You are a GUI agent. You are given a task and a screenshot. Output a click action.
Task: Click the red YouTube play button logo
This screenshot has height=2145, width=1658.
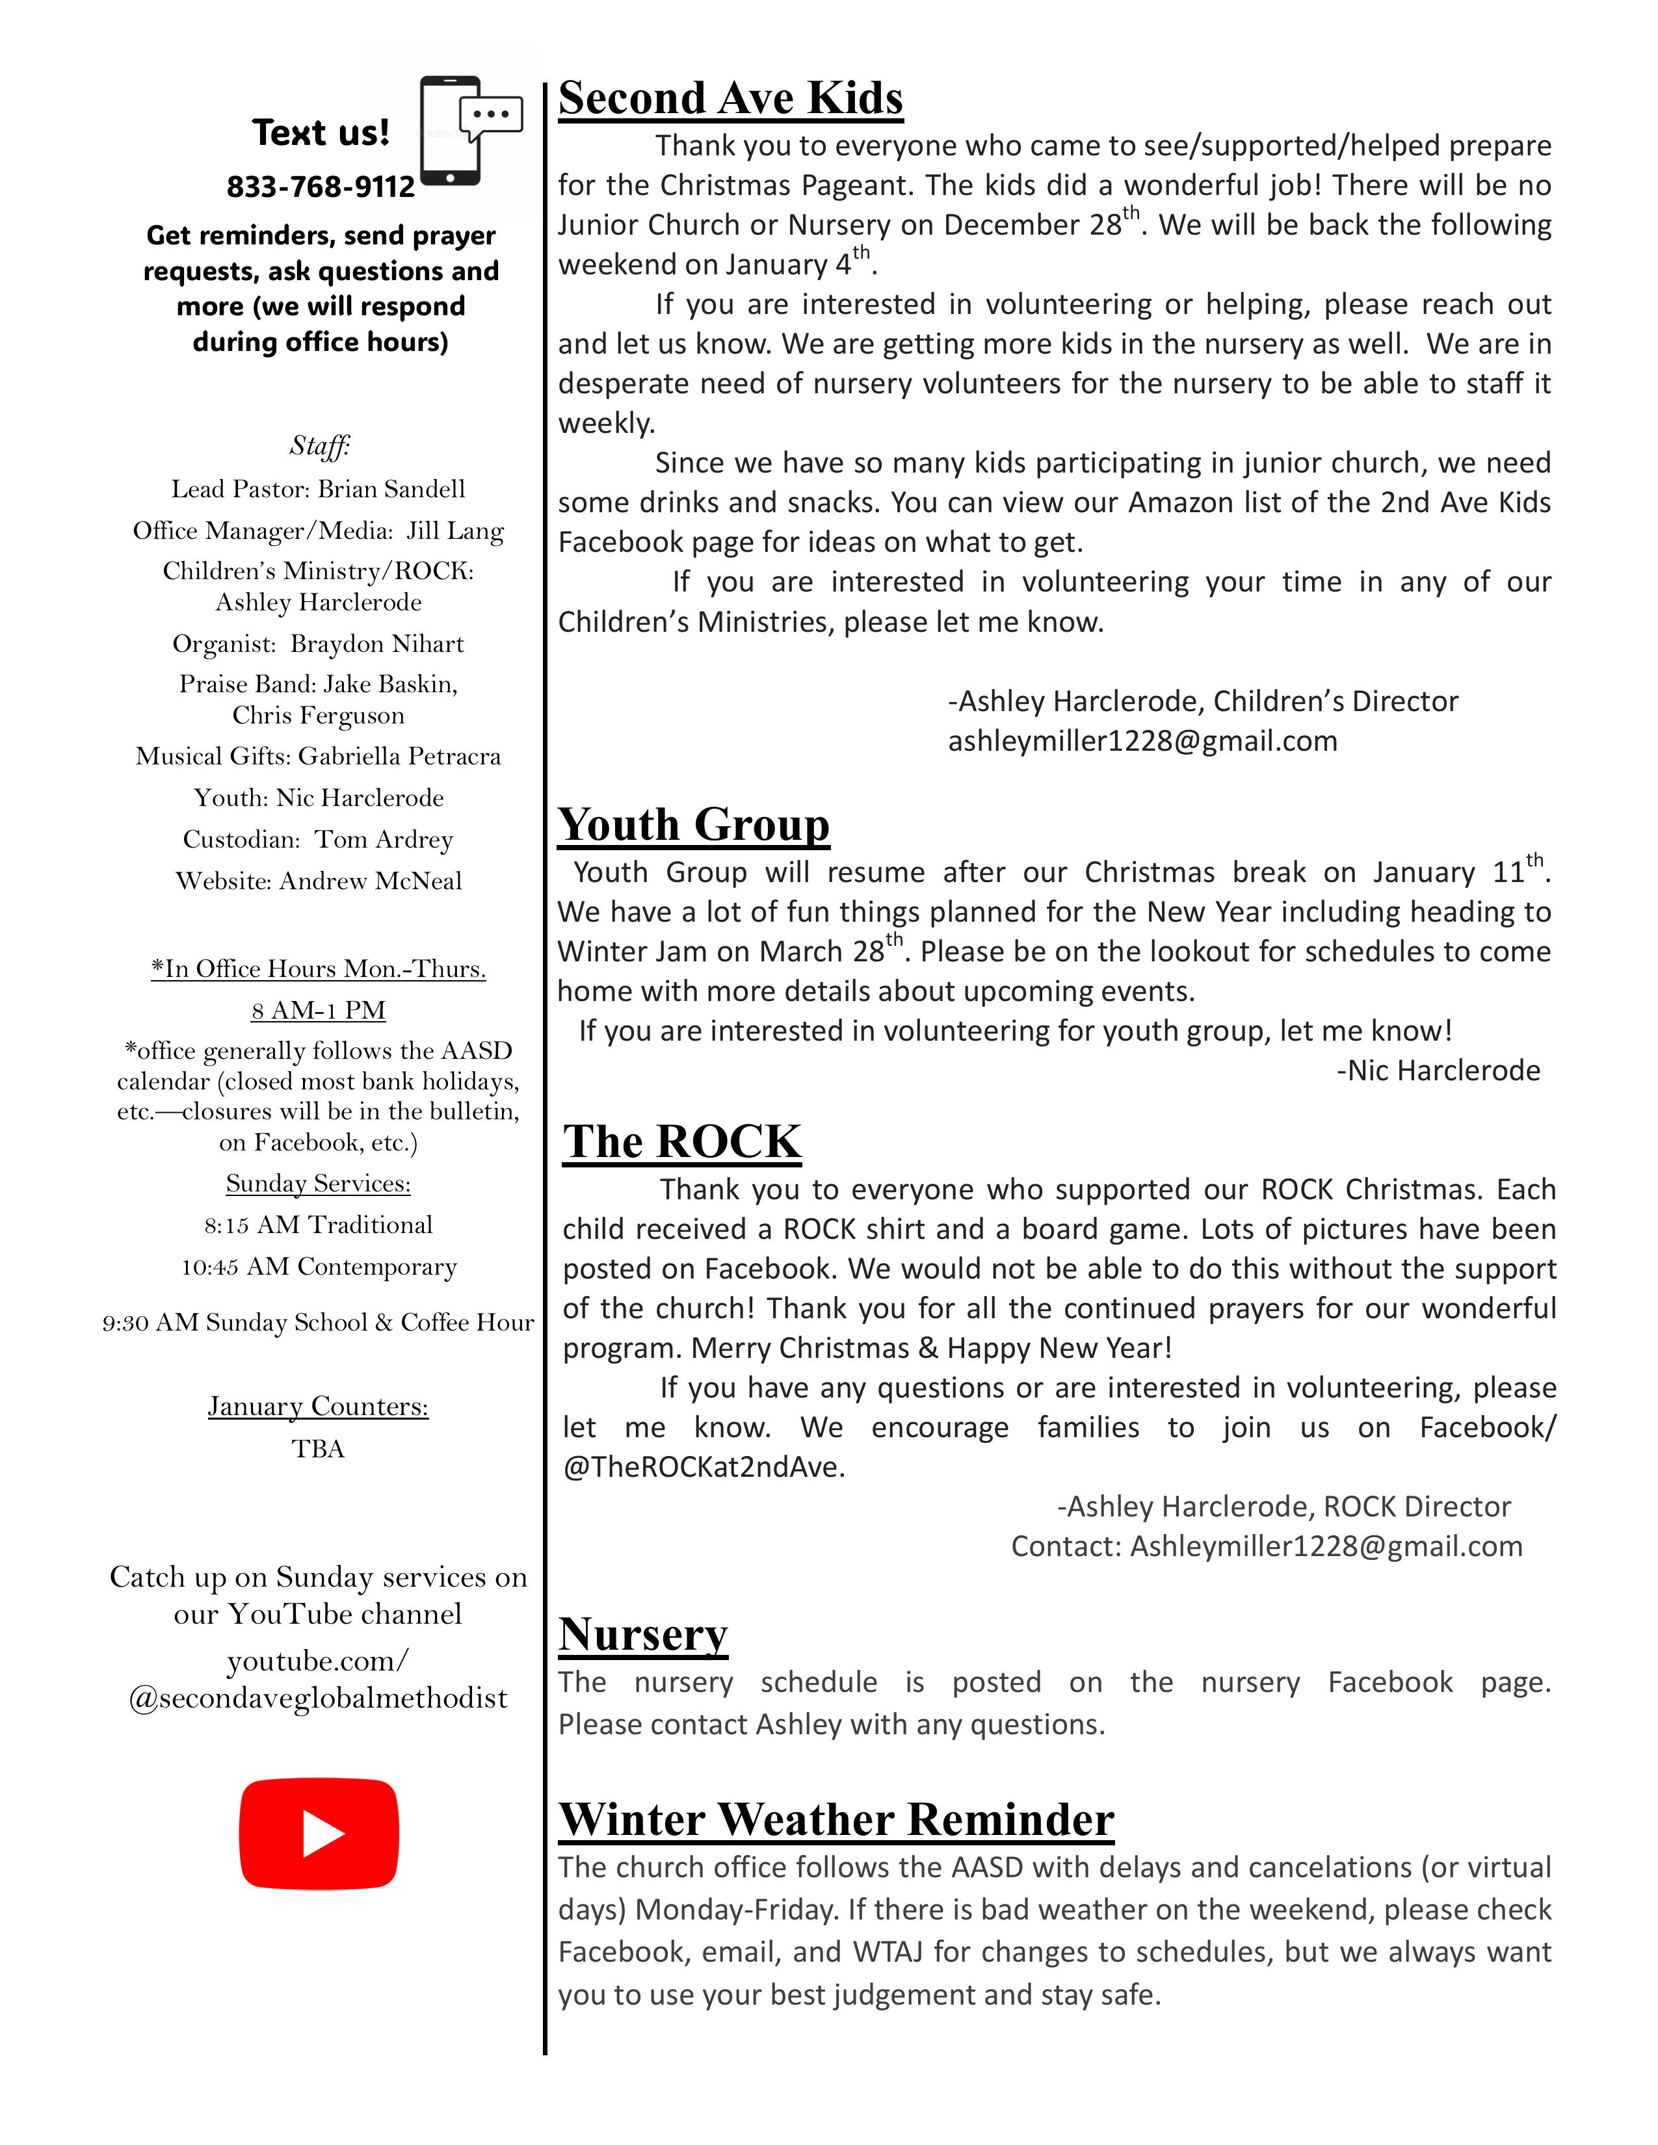319,1834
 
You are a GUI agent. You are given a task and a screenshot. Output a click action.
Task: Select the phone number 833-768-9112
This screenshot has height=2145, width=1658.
321,187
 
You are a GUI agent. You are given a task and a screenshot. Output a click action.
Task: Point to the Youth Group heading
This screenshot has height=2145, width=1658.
694,825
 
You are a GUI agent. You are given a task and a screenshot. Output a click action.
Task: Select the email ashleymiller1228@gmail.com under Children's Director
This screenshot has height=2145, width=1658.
1142,740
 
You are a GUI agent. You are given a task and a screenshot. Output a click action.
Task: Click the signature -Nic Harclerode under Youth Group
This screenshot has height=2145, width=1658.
1438,1071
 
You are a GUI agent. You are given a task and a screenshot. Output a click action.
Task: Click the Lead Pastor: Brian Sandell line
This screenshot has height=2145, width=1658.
318,489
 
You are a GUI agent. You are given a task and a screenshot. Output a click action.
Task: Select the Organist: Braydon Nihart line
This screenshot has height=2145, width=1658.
318,644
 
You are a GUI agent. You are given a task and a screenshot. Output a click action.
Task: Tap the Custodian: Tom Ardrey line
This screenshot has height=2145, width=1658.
318,840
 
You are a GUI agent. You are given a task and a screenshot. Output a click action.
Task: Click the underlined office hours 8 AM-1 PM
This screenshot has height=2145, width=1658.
318,1011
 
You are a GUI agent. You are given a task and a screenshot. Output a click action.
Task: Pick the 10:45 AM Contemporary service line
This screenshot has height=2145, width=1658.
318,1267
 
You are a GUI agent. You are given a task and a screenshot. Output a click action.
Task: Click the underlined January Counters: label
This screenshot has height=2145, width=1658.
318,1407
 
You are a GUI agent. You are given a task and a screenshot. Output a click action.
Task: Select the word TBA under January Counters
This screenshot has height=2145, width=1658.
318,1449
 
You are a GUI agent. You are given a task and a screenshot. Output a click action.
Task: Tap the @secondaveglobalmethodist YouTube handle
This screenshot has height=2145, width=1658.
318,1698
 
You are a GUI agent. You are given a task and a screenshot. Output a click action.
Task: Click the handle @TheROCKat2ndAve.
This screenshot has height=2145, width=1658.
704,1467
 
